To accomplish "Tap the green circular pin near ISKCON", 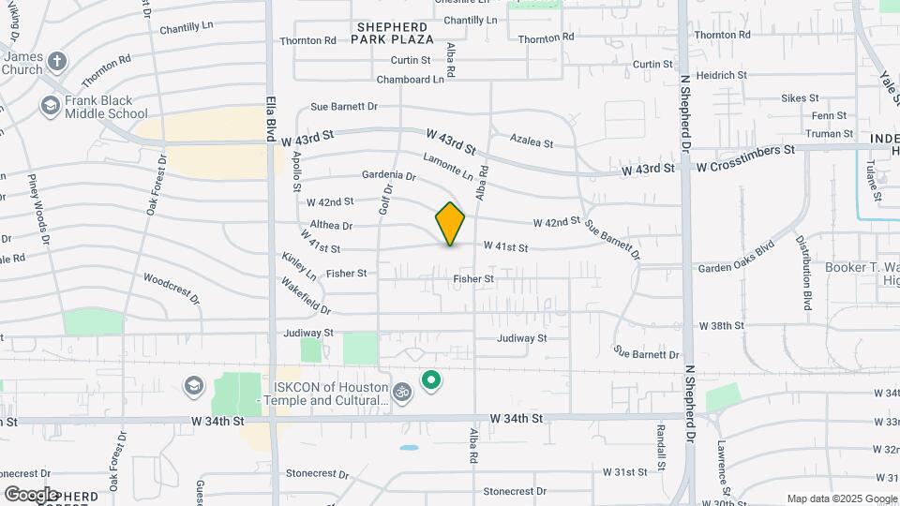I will click(431, 379).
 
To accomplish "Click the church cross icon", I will click(56, 63).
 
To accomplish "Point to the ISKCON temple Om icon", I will click(402, 391).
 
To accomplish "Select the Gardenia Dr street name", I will click(388, 175).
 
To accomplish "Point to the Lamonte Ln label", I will click(448, 168).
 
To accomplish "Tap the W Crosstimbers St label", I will click(745, 150).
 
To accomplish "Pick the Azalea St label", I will click(532, 143).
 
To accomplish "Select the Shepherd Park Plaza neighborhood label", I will click(393, 33).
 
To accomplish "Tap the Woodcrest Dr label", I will click(172, 288).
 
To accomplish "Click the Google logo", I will click(32, 494).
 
